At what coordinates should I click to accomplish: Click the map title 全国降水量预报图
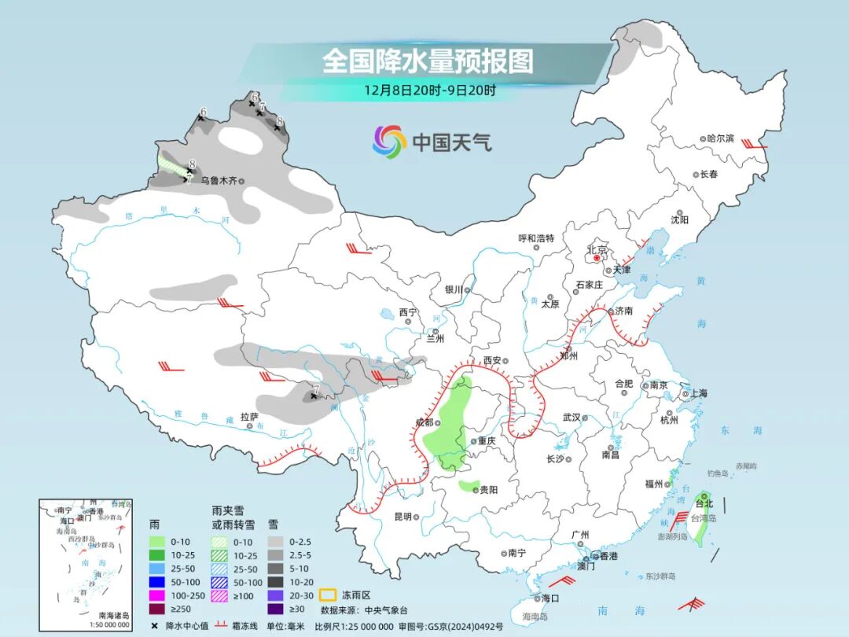tap(428, 61)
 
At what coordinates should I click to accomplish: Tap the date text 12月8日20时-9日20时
tap(429, 90)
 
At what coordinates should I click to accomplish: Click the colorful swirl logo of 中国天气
tap(389, 142)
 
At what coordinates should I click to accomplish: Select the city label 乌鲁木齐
tap(218, 181)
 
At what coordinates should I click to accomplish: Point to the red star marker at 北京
tap(597, 257)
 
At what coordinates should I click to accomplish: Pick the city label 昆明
tap(402, 517)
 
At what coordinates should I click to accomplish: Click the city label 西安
tap(492, 360)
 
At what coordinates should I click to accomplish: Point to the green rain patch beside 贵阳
tap(469, 486)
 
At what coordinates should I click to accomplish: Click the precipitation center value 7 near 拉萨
tap(315, 388)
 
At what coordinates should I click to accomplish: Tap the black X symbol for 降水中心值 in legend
tap(155, 625)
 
